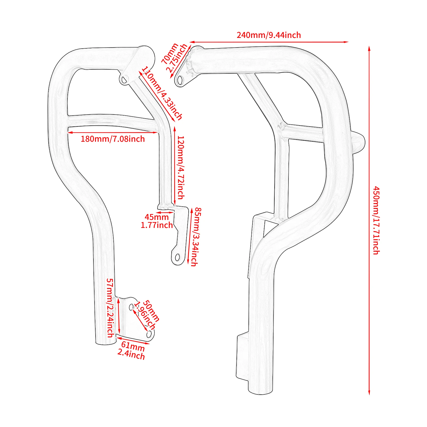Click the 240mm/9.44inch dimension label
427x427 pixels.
click(269, 35)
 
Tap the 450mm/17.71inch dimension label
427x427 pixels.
click(376, 220)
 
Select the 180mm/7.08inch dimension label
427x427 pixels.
click(113, 139)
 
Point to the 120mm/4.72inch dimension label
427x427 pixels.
click(181, 168)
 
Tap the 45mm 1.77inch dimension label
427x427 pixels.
click(157, 221)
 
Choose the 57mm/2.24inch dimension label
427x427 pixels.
click(110, 308)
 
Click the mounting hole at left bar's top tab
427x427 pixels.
click(124, 80)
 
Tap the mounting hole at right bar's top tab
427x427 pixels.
click(180, 80)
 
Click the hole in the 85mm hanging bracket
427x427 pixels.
click(177, 258)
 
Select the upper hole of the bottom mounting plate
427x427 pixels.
click(131, 307)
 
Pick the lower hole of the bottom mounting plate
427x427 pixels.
click(149, 334)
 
